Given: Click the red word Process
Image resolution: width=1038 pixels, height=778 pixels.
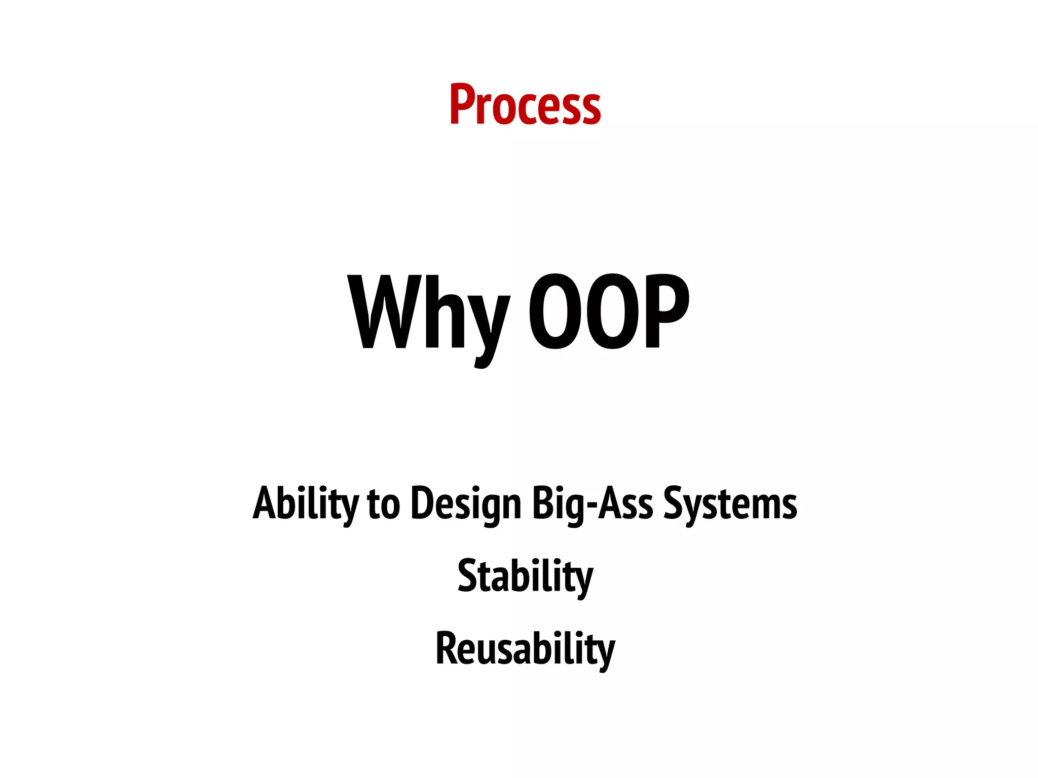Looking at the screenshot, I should coord(525,105).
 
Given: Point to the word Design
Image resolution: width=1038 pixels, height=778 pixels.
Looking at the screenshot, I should coord(466,504).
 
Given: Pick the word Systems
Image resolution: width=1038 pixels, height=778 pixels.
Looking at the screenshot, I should coord(730,504).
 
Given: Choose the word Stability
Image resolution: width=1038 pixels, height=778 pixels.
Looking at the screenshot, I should coord(525,576).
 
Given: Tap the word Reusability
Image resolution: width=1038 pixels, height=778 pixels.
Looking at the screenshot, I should coord(525,649).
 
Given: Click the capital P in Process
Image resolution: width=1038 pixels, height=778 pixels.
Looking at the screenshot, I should coord(461,105).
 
